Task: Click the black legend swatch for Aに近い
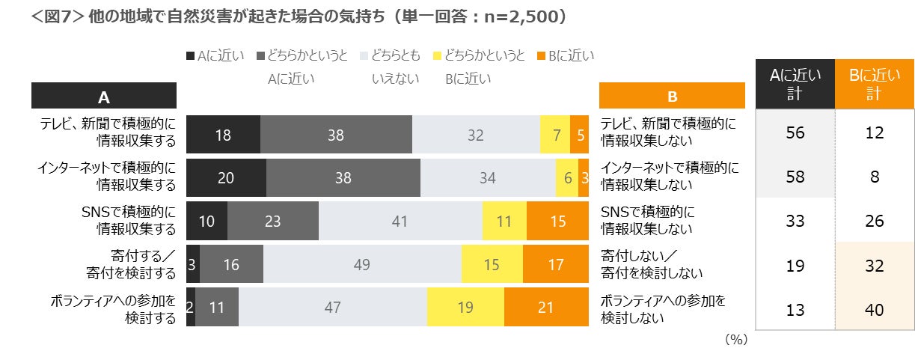point(190,55)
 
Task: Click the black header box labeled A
point(104,96)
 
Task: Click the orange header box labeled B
point(672,96)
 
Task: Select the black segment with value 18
point(223,135)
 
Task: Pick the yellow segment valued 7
point(555,135)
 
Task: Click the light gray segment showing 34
point(487,178)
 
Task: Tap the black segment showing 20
point(226,178)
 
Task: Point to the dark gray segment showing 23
point(273,222)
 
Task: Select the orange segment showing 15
point(557,222)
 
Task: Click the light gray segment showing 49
point(362,264)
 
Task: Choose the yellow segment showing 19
point(465,307)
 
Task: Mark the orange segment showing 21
point(546,307)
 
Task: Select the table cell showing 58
point(795,177)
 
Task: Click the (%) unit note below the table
point(736,340)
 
